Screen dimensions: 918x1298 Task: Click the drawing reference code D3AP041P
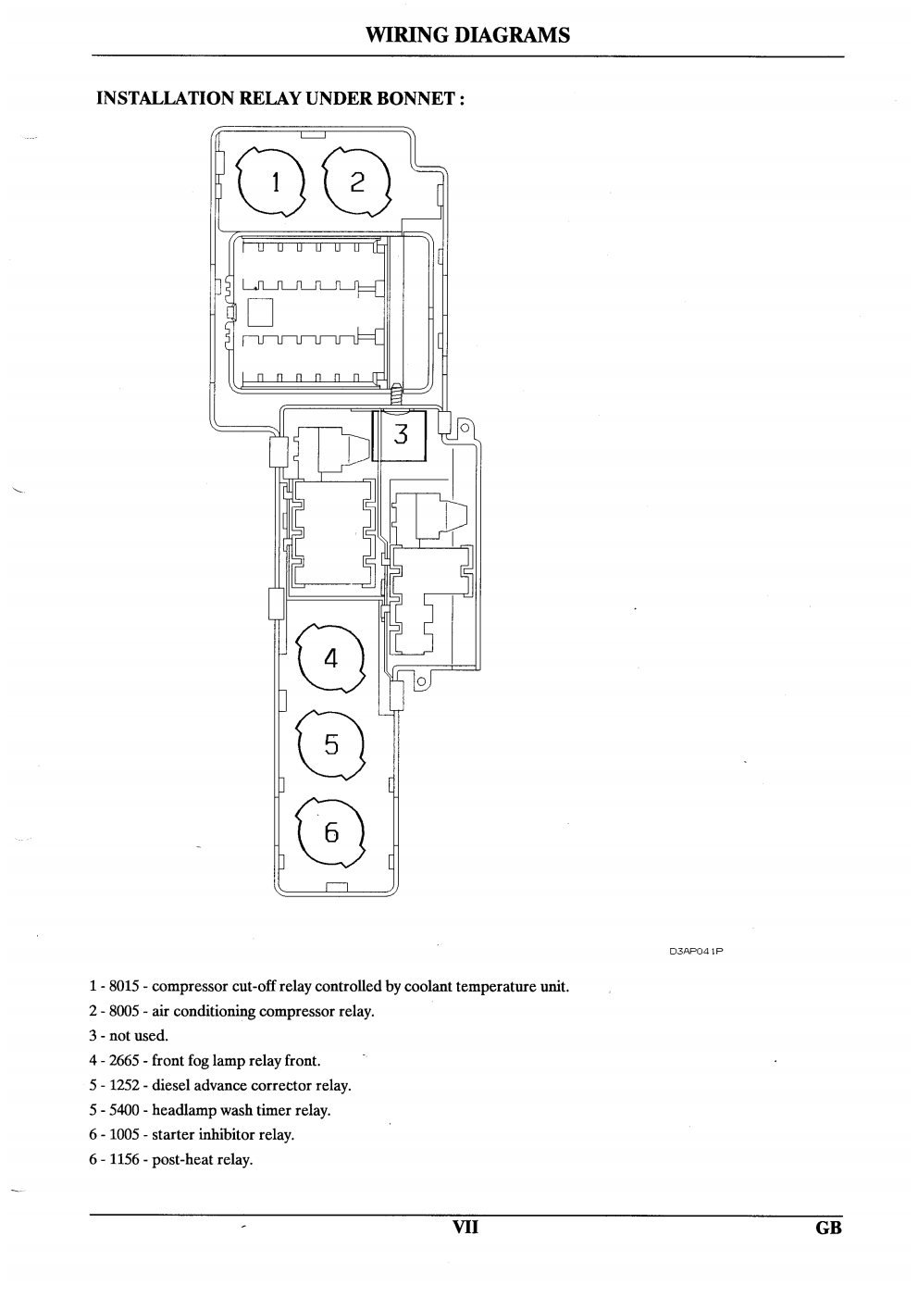click(696, 951)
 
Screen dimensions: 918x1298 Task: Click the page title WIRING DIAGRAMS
click(467, 35)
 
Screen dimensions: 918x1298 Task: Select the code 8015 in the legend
click(125, 986)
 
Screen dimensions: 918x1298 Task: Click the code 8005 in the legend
click(125, 1011)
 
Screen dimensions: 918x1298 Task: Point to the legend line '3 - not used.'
click(129, 1035)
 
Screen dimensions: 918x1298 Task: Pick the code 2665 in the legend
click(125, 1060)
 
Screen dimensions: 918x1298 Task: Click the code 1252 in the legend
click(125, 1085)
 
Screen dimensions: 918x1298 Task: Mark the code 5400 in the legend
click(125, 1110)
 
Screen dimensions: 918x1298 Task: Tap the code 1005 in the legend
click(125, 1134)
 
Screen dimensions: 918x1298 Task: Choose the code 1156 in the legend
click(125, 1159)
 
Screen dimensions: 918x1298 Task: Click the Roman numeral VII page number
click(465, 1227)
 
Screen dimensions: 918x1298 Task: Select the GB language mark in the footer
click(828, 1228)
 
